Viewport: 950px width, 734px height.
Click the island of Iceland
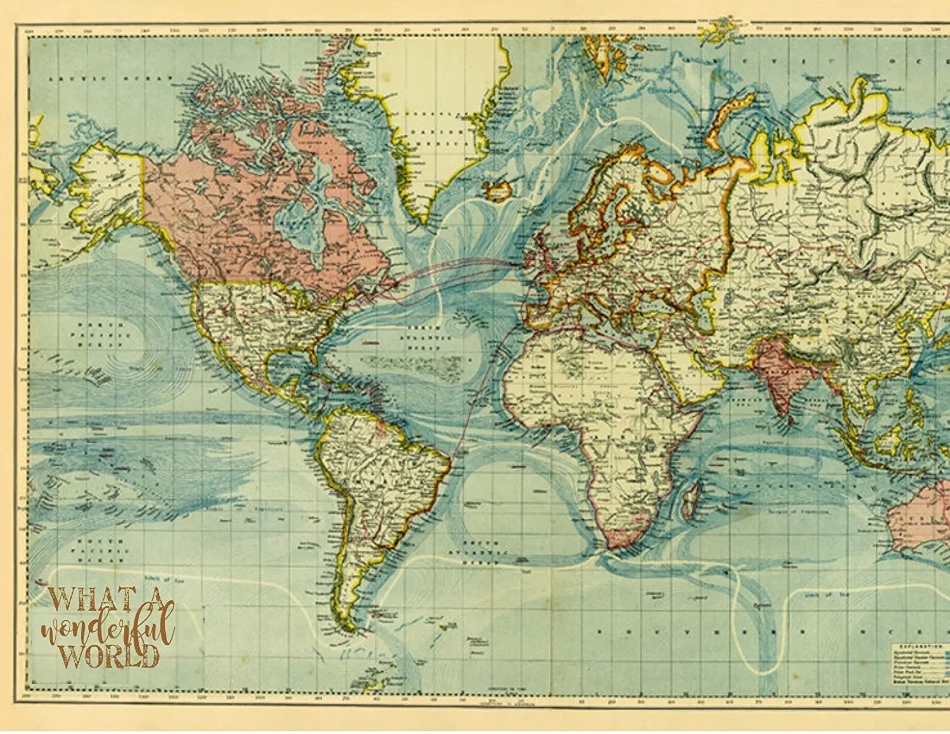click(x=498, y=189)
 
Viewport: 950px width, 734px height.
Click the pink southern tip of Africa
click(x=624, y=537)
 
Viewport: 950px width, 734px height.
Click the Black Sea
click(x=659, y=298)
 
